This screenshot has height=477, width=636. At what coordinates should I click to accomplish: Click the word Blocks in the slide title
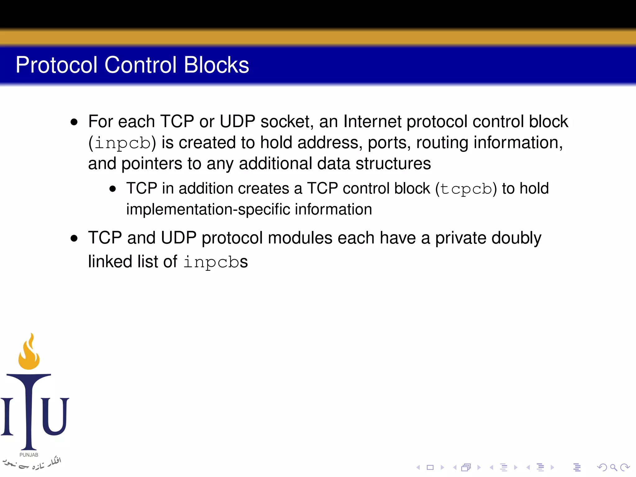coord(216,65)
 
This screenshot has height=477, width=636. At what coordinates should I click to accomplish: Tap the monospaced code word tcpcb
coord(466,189)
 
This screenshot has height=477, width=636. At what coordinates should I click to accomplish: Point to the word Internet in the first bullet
coord(372,121)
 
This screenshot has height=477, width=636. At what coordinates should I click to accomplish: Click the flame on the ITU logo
coord(29,352)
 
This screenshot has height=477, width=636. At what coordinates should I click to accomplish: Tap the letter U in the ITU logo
coord(55,416)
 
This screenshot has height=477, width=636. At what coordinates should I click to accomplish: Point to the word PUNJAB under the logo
coord(29,455)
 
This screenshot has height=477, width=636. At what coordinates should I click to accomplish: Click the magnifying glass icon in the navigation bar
coord(613,467)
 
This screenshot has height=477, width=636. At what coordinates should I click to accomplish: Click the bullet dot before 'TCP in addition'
coord(113,189)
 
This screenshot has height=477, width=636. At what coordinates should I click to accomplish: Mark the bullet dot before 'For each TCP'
coord(74,122)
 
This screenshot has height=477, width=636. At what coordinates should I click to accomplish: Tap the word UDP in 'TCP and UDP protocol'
coord(179,238)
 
